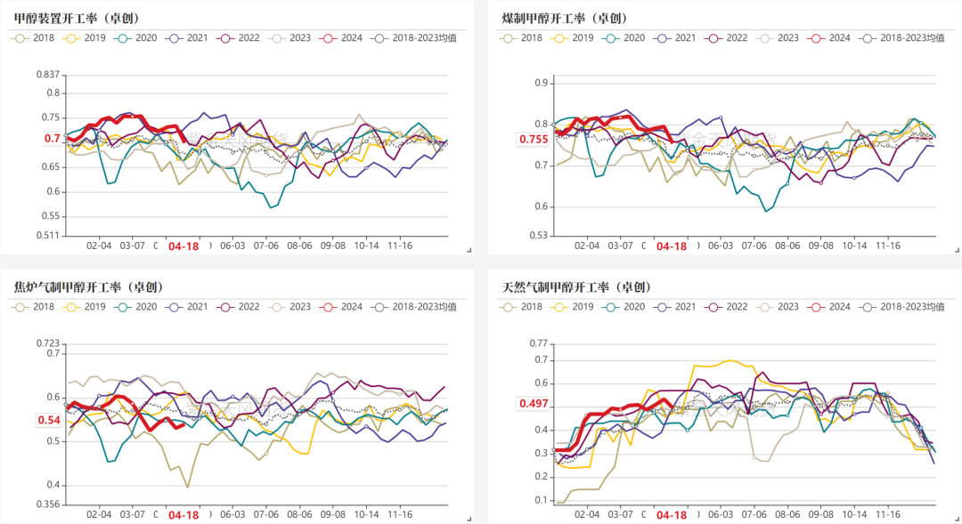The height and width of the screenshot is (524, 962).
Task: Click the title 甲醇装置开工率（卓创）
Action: click(77, 18)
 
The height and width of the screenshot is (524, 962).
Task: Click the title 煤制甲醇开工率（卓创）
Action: click(565, 18)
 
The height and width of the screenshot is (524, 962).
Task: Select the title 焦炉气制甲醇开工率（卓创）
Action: click(89, 287)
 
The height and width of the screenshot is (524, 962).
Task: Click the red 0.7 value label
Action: click(52, 139)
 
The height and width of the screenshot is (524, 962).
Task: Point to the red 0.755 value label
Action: click(534, 139)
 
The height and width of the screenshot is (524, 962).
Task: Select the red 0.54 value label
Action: click(49, 420)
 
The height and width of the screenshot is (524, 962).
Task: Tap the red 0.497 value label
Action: click(534, 404)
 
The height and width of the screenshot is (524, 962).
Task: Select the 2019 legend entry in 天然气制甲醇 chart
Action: click(573, 307)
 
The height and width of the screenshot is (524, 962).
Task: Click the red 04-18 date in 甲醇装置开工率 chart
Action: click(184, 246)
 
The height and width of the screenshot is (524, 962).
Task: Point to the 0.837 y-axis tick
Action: click(47, 75)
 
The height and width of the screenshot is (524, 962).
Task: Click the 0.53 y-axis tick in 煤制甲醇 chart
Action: click(540, 236)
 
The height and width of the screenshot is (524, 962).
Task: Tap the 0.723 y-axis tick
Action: click(47, 343)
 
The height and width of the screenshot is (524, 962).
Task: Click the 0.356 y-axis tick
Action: click(47, 504)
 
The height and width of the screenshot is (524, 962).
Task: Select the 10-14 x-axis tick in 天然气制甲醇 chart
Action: click(853, 515)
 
